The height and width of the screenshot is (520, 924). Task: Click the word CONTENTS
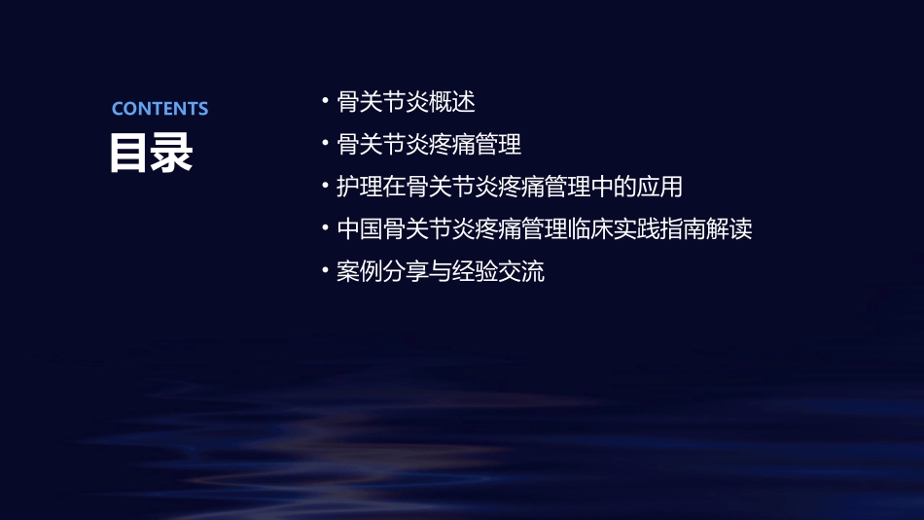(x=160, y=108)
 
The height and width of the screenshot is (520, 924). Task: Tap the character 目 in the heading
(x=129, y=153)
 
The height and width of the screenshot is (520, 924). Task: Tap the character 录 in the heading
(x=172, y=153)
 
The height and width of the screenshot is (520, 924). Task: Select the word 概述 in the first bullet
(x=452, y=101)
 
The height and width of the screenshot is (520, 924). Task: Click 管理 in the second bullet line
(x=499, y=144)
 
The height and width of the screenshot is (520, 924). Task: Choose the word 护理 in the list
(x=359, y=187)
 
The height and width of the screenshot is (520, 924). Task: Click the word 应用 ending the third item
(x=659, y=187)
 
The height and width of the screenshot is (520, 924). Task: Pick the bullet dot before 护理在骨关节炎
(x=325, y=186)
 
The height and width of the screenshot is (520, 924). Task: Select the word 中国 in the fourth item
(x=359, y=229)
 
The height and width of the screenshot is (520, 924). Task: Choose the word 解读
(x=730, y=229)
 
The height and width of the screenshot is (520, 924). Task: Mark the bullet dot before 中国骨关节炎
(x=325, y=228)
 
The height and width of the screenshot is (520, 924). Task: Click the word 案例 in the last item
(x=359, y=272)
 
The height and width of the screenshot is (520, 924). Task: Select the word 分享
(x=406, y=272)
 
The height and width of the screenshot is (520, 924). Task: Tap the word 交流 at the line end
(x=522, y=272)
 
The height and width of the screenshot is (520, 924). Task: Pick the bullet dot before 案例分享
(x=325, y=271)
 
